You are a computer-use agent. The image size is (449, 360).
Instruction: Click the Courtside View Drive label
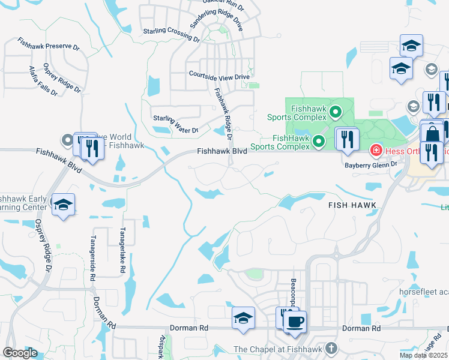pyautogui.click(x=218, y=77)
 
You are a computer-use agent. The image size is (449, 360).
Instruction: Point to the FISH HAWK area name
pyautogui.click(x=352, y=205)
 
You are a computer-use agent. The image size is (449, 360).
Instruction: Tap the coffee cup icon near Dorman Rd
pyautogui.click(x=294, y=322)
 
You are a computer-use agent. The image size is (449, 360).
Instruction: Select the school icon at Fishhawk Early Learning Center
pyautogui.click(x=63, y=205)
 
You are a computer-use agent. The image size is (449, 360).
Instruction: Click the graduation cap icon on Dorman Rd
pyautogui.click(x=243, y=318)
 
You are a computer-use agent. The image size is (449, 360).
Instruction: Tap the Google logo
pyautogui.click(x=20, y=353)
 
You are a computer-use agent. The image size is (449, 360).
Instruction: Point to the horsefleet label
pyautogui.click(x=423, y=292)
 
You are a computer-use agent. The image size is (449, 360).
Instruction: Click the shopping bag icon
pyautogui.click(x=432, y=134)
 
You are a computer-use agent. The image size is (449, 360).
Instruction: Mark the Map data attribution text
pyautogui.click(x=424, y=355)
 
